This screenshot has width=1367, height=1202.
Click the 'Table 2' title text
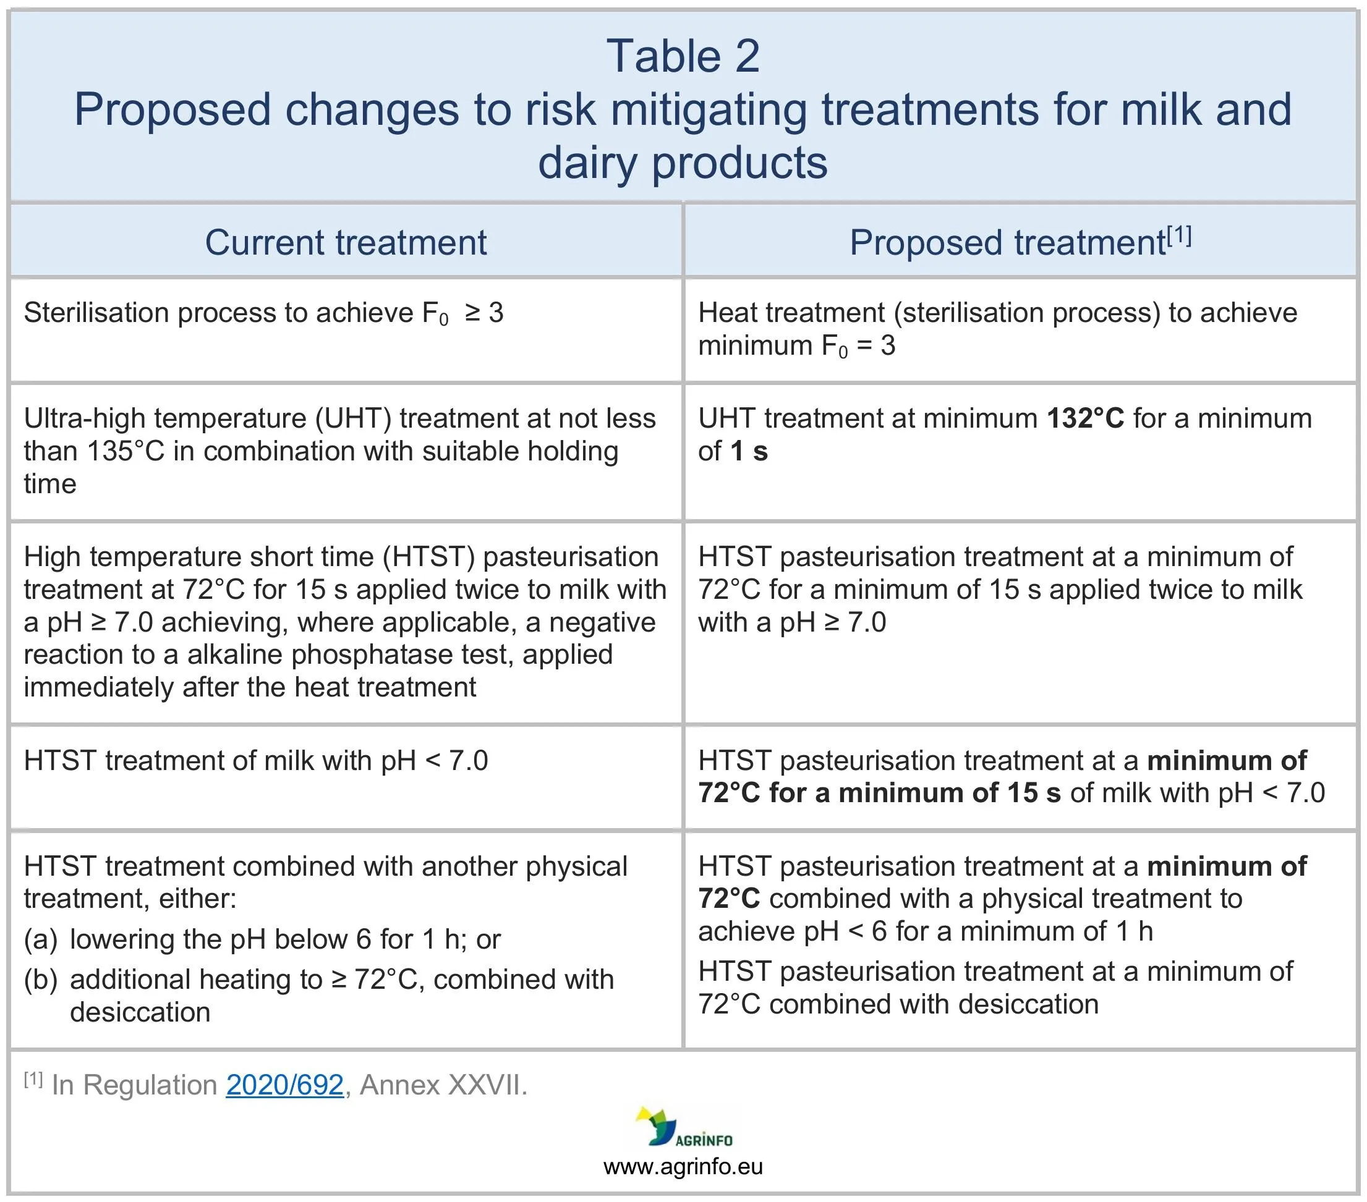683,56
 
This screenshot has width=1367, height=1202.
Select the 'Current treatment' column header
346,242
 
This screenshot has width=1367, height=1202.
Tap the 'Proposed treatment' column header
1008,243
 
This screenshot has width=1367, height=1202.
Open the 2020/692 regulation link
285,1085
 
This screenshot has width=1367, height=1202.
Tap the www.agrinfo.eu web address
683,1167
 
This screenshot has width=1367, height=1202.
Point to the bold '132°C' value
1086,418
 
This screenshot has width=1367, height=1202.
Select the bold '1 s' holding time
749,451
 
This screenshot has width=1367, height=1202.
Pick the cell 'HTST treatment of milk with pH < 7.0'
255,761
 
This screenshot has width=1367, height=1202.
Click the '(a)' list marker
41,940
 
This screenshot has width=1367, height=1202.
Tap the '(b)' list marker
41,980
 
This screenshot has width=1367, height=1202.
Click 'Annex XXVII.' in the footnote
443,1085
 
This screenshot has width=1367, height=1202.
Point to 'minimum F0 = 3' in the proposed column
796,346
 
